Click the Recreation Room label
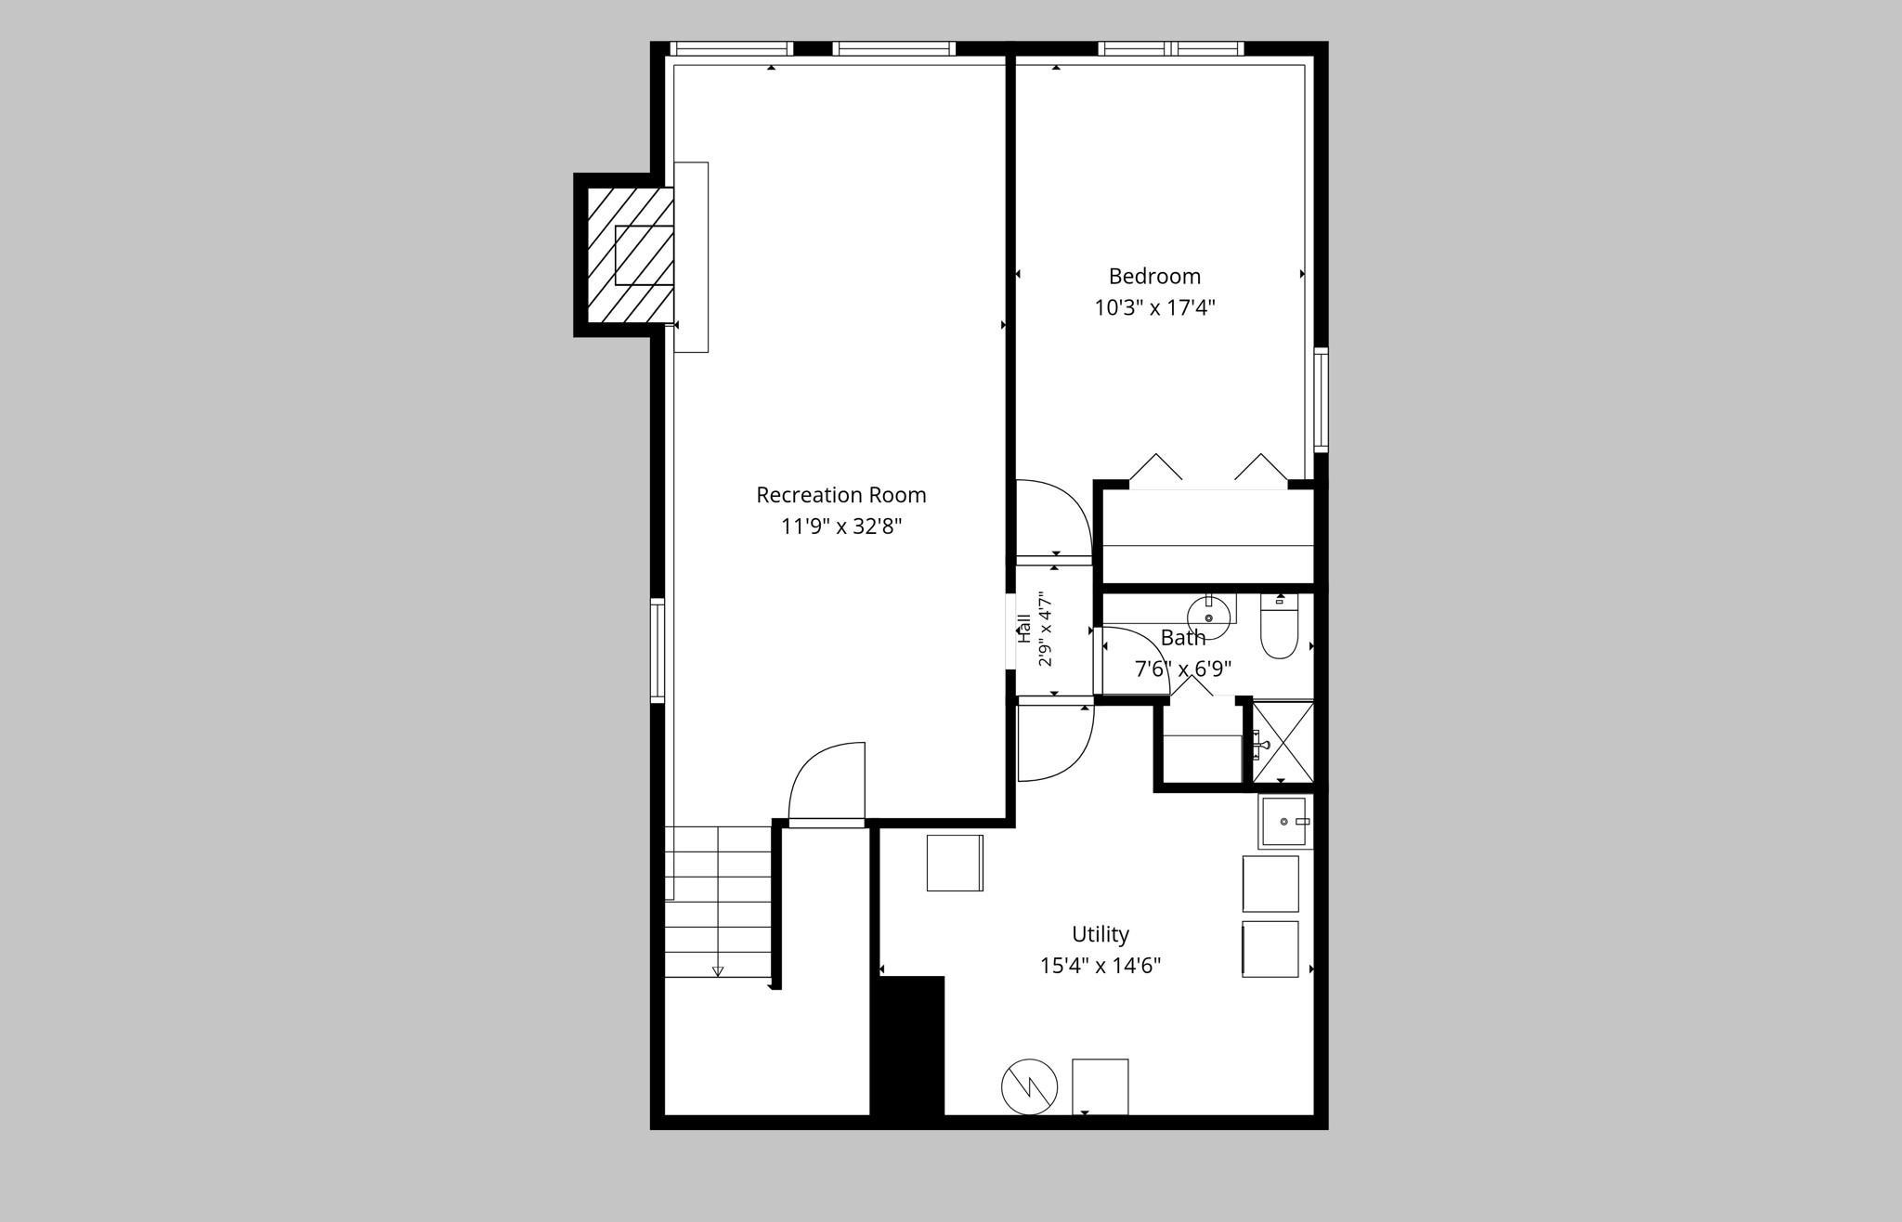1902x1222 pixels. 840,495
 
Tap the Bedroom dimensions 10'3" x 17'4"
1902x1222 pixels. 1154,307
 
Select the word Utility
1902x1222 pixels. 1101,934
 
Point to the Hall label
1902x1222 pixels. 1024,629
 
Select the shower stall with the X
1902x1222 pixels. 1283,743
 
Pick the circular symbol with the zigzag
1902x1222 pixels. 1029,1085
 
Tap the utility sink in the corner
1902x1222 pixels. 1286,822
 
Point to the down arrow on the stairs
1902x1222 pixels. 718,971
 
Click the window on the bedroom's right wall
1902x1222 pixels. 1321,400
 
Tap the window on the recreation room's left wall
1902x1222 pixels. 658,650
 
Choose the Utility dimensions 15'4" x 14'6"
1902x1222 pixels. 1101,966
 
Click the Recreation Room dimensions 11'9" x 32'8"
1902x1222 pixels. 841,526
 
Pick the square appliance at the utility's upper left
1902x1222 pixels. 955,863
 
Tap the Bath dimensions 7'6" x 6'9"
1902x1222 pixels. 1183,669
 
